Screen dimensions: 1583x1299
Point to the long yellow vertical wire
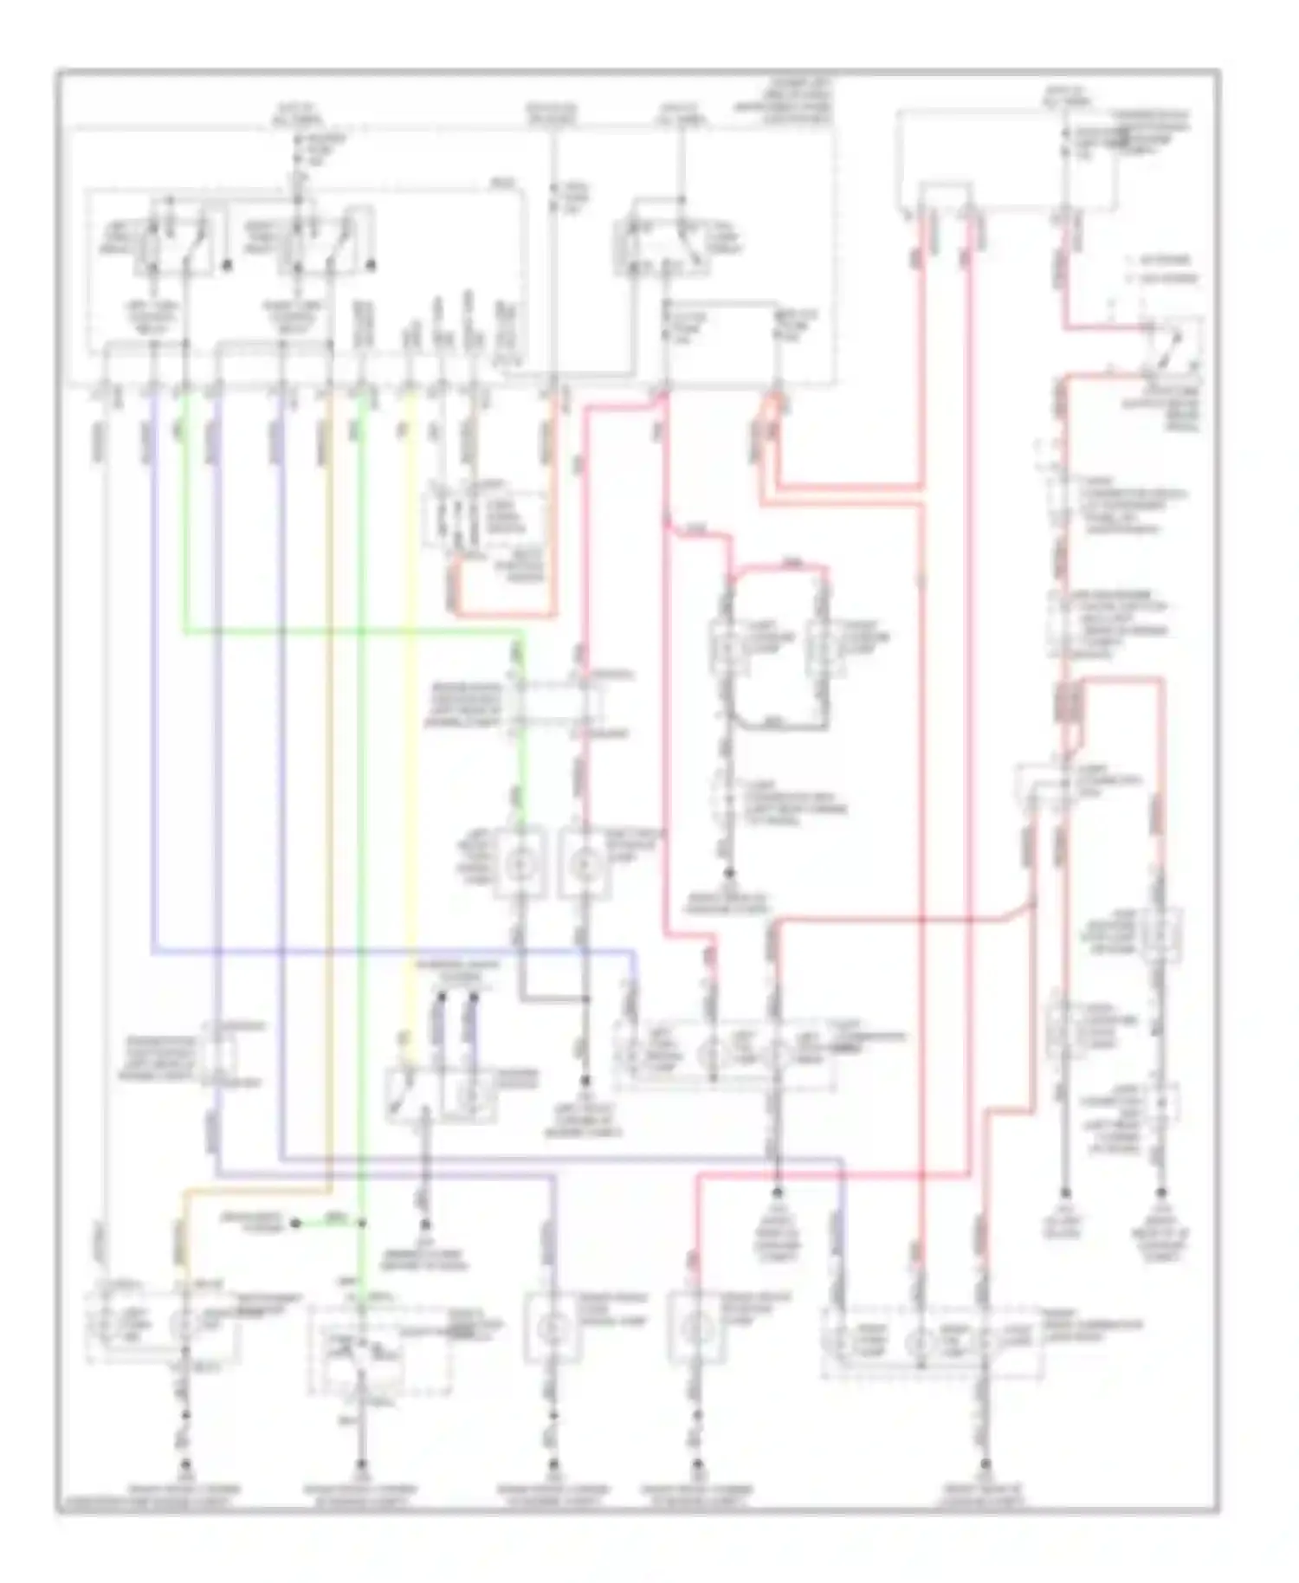coord(412,693)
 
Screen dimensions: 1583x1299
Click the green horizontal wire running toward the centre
coord(346,631)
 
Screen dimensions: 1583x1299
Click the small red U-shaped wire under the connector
coord(502,598)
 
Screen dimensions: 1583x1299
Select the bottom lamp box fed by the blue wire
coord(548,1328)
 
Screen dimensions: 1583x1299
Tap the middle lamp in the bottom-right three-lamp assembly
coord(920,1343)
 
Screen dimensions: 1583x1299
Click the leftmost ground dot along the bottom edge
coord(185,1467)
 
